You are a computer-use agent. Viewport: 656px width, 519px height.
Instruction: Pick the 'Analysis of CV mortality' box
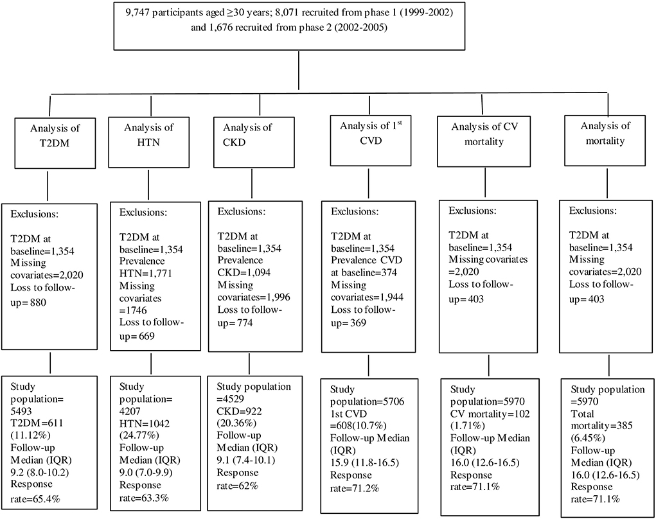click(484, 134)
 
